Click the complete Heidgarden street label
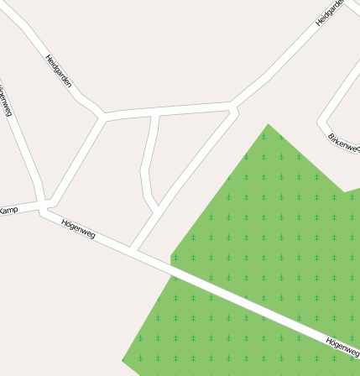click(x=59, y=72)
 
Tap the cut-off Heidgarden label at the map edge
click(x=331, y=12)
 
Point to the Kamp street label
click(x=8, y=209)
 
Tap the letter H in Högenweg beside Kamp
click(x=65, y=222)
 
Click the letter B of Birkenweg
click(x=331, y=137)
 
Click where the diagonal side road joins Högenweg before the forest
click(x=133, y=250)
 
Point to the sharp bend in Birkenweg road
click(x=322, y=123)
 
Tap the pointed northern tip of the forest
click(x=269, y=125)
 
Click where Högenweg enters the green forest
click(x=171, y=268)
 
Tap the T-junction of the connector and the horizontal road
click(x=154, y=112)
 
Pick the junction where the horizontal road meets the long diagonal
click(x=232, y=107)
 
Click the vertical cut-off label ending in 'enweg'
click(x=6, y=100)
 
